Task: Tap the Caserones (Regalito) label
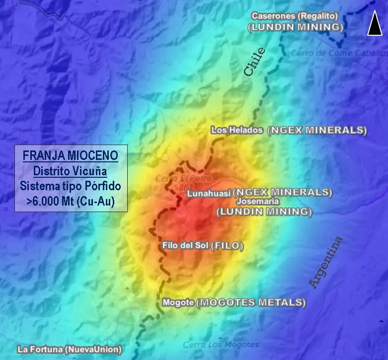click(x=295, y=16)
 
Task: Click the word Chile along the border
click(x=255, y=62)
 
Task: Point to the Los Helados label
click(x=236, y=130)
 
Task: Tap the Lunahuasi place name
click(x=209, y=194)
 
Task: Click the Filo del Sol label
click(x=185, y=245)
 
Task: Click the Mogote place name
click(x=178, y=302)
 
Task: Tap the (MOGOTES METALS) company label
click(x=251, y=302)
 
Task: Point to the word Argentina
click(x=326, y=263)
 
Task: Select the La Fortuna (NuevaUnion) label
click(x=69, y=350)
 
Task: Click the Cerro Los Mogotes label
click(x=221, y=344)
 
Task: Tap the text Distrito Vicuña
click(x=70, y=171)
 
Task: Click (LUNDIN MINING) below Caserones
click(x=296, y=27)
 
